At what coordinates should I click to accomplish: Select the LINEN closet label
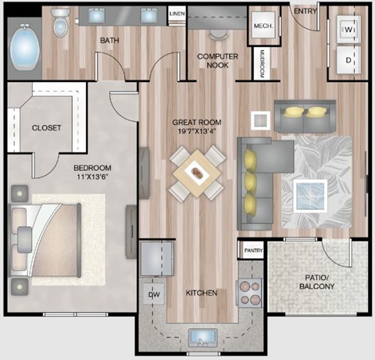(177, 14)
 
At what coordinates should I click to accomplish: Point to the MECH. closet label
(261, 26)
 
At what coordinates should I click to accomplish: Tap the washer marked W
(348, 30)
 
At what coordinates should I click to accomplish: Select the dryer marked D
(348, 60)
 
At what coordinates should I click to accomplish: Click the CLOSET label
(46, 127)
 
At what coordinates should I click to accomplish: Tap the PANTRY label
(252, 250)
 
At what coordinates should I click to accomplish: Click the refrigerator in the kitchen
(157, 258)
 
